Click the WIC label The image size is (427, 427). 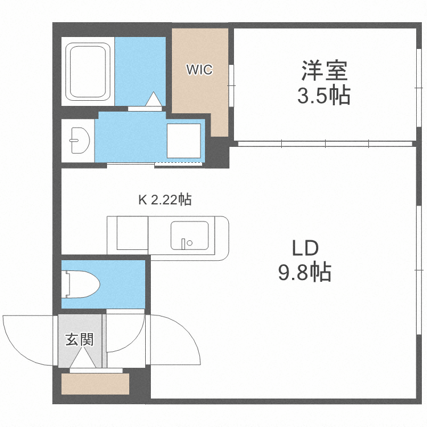(x=199, y=70)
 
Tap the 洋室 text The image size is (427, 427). (x=323, y=72)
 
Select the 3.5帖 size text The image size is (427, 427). (x=323, y=96)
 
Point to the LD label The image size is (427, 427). (x=305, y=249)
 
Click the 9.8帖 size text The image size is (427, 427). (x=305, y=273)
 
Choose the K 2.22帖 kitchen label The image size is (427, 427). (x=165, y=200)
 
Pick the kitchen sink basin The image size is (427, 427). (x=189, y=236)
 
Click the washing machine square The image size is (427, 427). (x=183, y=140)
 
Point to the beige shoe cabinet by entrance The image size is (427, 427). (x=95, y=384)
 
